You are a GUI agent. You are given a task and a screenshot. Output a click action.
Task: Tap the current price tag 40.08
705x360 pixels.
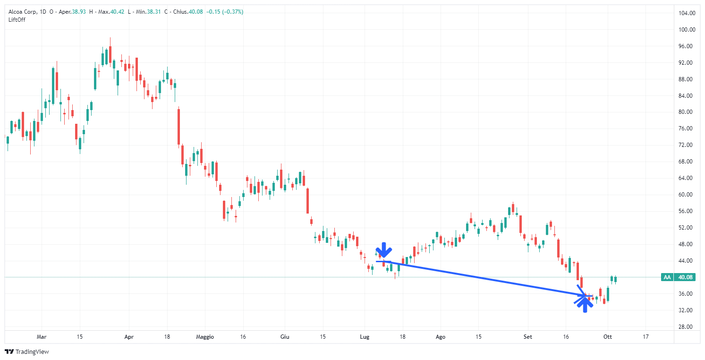click(682, 277)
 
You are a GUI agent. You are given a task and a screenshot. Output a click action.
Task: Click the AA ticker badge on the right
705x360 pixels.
click(667, 277)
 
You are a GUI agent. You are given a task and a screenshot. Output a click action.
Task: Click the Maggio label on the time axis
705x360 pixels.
click(204, 337)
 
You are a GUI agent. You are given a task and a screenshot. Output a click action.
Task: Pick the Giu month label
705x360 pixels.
click(285, 337)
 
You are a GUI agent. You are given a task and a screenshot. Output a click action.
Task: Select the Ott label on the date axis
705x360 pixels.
click(608, 337)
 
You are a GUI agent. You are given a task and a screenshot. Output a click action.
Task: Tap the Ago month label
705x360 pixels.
click(441, 337)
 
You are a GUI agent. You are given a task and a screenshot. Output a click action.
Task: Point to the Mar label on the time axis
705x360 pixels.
click(42, 337)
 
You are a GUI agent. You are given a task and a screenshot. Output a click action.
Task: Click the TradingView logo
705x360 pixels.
click(27, 351)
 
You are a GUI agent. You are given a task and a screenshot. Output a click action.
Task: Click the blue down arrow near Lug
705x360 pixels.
click(384, 250)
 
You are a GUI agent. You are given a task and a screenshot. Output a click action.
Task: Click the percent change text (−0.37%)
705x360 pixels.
click(234, 12)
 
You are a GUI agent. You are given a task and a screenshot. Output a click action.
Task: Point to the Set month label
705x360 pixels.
click(528, 337)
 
